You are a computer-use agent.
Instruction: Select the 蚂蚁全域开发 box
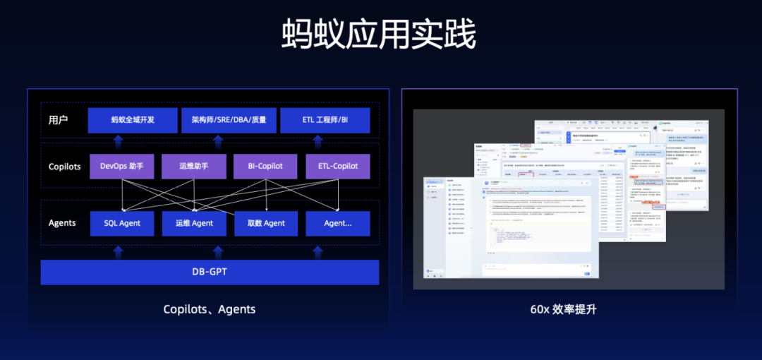pos(133,120)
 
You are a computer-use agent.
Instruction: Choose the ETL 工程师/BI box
pos(325,120)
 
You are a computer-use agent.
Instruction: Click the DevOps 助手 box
pos(122,167)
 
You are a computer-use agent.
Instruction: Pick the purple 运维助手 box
pos(194,167)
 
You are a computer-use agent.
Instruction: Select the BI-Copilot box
pos(265,167)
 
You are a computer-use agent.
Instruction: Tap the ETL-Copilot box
pos(337,167)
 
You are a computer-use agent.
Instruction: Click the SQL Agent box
pos(122,223)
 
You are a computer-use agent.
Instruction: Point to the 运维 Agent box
pos(194,223)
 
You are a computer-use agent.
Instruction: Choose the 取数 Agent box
pos(265,223)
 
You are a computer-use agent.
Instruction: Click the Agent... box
pos(337,223)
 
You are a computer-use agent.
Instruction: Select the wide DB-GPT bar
pos(210,272)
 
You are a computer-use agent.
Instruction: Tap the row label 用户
pos(59,120)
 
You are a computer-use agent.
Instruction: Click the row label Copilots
pos(64,167)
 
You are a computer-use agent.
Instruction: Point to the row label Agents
pos(62,223)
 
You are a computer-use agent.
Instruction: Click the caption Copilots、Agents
pos(210,309)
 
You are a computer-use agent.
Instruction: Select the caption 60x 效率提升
pos(563,309)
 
